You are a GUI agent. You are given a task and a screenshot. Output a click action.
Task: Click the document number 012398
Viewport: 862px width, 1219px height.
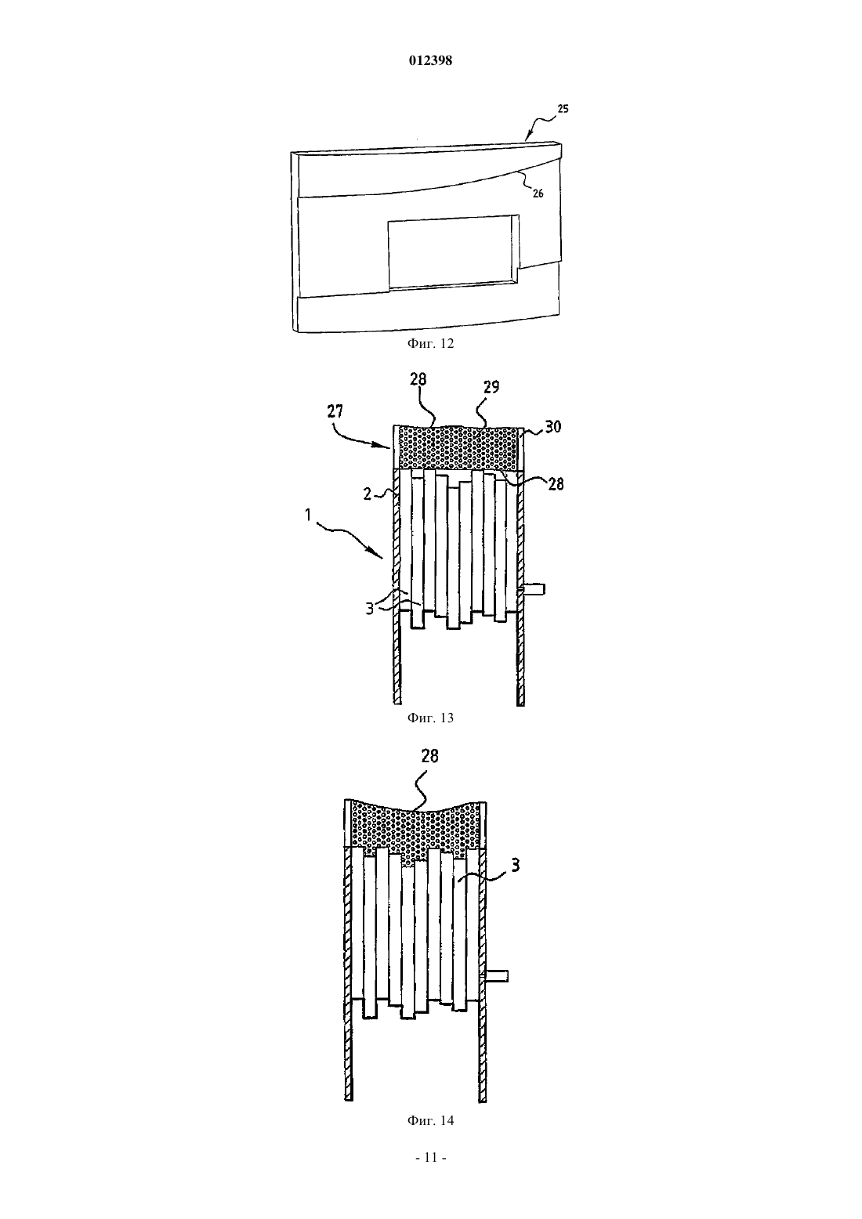click(430, 60)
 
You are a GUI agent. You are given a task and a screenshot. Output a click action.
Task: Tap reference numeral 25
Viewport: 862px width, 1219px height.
click(563, 109)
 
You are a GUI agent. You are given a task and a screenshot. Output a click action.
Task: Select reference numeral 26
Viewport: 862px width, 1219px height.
click(538, 194)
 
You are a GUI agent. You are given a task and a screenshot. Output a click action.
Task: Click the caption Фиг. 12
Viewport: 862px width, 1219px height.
click(430, 343)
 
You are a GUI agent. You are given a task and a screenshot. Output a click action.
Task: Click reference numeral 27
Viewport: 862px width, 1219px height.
click(335, 411)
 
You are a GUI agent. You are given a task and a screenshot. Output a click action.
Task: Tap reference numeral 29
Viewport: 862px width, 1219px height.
click(491, 387)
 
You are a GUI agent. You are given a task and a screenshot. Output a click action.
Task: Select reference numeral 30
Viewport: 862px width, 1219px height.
click(553, 427)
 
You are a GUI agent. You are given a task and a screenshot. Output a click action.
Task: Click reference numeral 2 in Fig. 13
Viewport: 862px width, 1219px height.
click(368, 494)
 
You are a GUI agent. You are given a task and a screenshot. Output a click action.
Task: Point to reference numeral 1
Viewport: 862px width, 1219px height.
click(308, 514)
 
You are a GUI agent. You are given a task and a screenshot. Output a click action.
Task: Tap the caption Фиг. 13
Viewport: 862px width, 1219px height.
click(430, 718)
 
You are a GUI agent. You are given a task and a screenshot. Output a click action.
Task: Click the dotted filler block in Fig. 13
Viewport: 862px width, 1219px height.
click(458, 447)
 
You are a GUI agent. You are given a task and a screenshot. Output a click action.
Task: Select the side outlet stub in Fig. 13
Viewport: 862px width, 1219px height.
click(534, 589)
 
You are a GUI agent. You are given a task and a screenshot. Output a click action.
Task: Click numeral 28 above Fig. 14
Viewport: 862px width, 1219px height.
click(429, 756)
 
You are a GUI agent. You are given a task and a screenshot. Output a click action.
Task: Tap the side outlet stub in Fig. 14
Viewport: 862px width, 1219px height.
click(497, 976)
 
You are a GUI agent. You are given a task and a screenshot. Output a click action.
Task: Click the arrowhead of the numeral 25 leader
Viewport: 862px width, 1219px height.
click(527, 139)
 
